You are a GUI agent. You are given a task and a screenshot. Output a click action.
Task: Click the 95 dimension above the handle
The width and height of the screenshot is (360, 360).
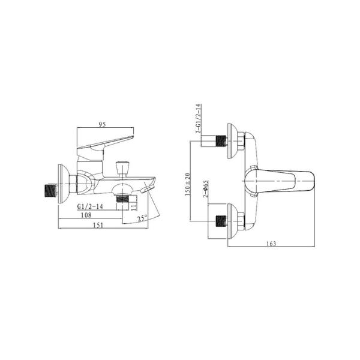coord(102,124)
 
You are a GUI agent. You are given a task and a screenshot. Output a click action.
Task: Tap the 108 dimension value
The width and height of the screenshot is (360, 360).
coord(86,215)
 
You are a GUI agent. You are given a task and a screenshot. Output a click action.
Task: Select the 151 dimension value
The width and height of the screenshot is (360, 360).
coord(98,225)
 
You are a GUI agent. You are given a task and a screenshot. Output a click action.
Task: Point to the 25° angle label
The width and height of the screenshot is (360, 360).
coord(142,218)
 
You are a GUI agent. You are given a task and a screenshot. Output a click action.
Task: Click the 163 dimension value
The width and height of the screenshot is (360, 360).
coord(271,244)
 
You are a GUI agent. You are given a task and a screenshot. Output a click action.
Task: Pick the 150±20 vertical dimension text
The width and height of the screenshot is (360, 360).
coord(188,184)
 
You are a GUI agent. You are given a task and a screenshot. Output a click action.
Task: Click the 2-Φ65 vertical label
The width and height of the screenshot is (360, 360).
coord(206,189)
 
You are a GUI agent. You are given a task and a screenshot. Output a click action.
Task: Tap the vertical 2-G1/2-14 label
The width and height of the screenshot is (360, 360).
coord(198,118)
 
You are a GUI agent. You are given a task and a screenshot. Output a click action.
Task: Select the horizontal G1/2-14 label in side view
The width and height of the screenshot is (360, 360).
coord(90,206)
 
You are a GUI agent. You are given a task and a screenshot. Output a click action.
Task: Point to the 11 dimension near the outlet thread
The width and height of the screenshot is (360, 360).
coord(134,205)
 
